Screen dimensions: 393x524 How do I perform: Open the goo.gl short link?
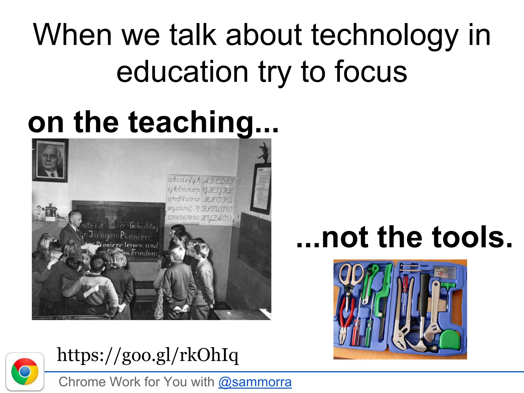(148, 355)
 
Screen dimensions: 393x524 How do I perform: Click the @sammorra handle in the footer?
(255, 382)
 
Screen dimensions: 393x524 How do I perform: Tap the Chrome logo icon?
(25, 372)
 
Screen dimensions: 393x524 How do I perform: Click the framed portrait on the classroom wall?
(50, 160)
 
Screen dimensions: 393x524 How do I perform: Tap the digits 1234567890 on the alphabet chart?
(183, 218)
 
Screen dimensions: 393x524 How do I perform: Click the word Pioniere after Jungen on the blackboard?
(136, 236)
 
